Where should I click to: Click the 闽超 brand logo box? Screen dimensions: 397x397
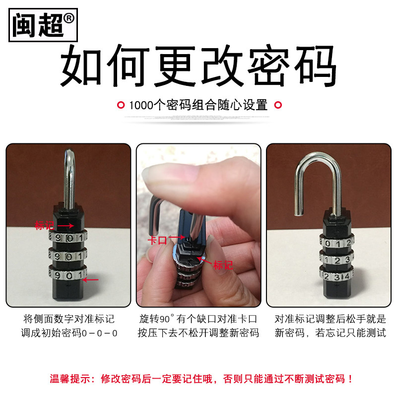[43, 25]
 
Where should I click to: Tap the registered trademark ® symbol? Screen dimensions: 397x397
[68, 18]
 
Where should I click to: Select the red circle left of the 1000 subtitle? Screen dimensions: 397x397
[121, 105]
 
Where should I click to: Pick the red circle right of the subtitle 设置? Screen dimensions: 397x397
[278, 105]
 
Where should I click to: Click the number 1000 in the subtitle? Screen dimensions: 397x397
[141, 105]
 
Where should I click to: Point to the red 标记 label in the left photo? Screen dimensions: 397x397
[45, 225]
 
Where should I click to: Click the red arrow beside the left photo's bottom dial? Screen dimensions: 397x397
[91, 280]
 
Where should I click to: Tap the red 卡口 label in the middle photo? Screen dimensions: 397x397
[157, 240]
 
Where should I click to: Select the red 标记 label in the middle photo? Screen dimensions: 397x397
[223, 265]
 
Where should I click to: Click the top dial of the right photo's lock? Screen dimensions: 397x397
[336, 243]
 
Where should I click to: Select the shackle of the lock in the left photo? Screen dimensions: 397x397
[69, 180]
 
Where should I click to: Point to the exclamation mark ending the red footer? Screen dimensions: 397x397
[350, 379]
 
